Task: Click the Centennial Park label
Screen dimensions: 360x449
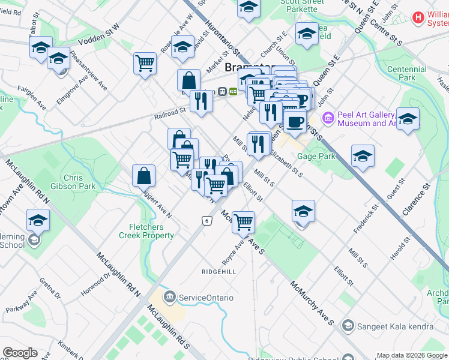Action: tap(406, 73)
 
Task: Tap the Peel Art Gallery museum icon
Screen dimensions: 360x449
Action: tap(328, 118)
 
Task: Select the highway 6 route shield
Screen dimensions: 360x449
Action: tap(206, 221)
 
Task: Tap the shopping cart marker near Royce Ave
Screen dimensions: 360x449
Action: tap(243, 222)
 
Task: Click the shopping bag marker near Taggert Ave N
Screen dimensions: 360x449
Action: tap(144, 176)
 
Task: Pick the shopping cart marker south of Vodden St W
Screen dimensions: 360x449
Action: tap(145, 63)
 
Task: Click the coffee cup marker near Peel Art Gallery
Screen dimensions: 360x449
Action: tap(294, 121)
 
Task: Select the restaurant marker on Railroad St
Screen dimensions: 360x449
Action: tap(201, 100)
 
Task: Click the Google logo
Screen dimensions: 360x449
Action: tap(20, 353)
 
